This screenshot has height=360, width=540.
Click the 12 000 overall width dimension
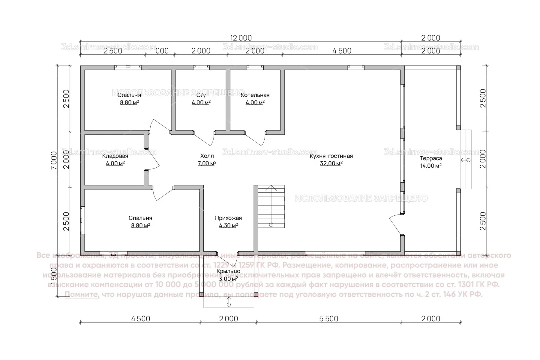click(240, 38)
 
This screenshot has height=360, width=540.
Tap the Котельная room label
click(255, 95)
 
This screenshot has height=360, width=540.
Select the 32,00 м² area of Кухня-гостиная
click(331, 163)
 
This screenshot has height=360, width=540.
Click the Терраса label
click(431, 159)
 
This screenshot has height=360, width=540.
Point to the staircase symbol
click(271, 207)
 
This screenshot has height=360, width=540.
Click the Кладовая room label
click(115, 156)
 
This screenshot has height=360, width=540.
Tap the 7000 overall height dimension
click(54, 161)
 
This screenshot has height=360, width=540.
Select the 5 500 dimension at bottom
click(329, 319)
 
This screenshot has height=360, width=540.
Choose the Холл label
click(207, 156)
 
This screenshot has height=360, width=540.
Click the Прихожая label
click(228, 218)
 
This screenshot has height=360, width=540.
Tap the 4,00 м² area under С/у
click(201, 102)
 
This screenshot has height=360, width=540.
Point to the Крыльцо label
click(228, 271)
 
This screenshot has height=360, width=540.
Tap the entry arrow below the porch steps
click(229, 303)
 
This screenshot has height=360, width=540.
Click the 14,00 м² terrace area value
click(431, 166)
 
